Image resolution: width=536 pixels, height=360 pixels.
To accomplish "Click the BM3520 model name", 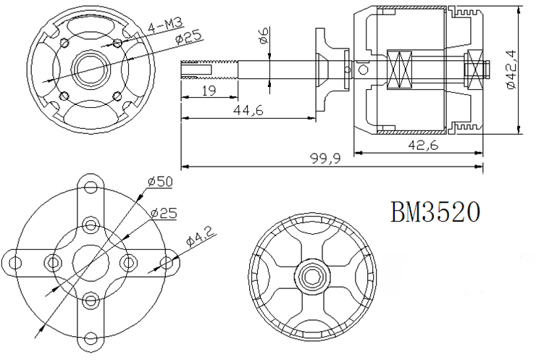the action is pos(435,212).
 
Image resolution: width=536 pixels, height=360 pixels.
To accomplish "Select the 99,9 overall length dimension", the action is pos(325,159).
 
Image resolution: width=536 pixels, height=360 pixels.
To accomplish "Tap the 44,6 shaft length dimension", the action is pos(248,110).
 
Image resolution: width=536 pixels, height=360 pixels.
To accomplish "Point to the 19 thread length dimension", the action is pos(209,91).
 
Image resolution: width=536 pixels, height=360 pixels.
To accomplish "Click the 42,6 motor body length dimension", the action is pos(423,146).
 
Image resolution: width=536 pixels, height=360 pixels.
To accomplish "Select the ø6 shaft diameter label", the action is pos(264,35).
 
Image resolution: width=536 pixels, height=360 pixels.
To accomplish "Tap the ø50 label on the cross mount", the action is pos(160,181).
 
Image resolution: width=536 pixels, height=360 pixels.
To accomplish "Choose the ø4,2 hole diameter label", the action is pos(201,236).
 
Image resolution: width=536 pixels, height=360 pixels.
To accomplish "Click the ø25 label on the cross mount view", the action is pos(164,214).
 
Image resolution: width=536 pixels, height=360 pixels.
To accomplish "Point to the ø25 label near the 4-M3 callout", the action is pos(188,38).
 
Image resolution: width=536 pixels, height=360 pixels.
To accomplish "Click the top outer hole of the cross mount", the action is pos(91,187).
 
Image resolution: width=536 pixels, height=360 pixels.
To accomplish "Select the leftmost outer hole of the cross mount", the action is pos(14,263).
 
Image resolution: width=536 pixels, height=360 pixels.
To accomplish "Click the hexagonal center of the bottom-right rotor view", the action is pos(311,276).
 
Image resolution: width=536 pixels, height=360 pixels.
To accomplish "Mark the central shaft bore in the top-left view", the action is pos(91,68).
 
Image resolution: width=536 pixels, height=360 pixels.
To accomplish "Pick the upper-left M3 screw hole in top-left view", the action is pos(64,43).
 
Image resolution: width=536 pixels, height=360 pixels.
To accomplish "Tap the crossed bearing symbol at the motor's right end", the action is pos(474,70).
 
